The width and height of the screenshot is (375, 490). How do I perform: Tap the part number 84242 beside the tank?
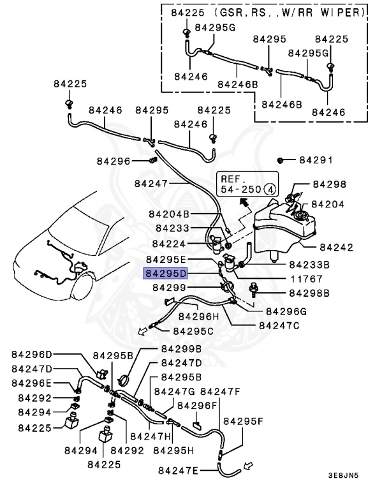336,246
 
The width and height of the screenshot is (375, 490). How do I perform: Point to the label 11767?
306,278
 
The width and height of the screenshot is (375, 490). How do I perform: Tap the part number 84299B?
180,349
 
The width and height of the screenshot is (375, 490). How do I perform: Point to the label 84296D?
32,355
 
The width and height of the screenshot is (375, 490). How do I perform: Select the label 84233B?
309,264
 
